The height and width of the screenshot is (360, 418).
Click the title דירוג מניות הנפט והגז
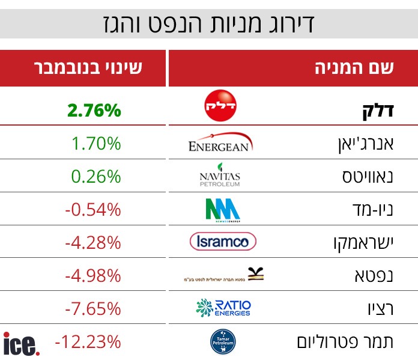point(210,25)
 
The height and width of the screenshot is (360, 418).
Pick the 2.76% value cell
point(94,111)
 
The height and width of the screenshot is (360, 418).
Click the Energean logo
point(220,143)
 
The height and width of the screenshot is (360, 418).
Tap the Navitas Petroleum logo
point(220,175)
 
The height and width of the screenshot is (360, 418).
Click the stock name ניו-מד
point(371,210)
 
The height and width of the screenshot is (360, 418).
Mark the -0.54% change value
point(92,210)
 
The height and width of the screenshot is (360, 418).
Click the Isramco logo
point(223,242)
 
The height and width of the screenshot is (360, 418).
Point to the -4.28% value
point(92,243)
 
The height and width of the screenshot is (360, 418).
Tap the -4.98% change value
point(92,276)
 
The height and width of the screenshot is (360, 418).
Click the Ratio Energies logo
point(223,308)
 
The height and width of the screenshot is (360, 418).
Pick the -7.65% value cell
point(92,309)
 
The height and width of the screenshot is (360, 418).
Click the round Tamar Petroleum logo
point(221,341)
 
